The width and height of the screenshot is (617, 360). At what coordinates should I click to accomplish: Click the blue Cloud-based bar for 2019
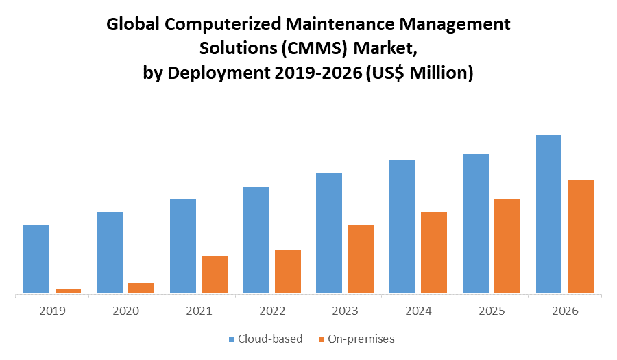(x=36, y=259)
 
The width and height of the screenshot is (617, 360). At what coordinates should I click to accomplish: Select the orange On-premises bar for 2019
(x=68, y=291)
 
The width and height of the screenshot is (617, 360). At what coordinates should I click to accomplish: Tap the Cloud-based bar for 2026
(x=548, y=215)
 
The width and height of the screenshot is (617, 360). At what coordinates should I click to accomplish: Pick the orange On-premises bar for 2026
(x=581, y=237)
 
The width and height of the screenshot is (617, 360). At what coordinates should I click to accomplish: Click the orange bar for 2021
(x=215, y=275)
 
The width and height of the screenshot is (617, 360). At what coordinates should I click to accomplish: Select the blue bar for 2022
(x=256, y=240)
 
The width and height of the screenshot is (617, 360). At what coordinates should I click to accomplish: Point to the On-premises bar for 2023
(x=361, y=259)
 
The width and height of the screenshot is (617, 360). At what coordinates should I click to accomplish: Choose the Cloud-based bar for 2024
(x=402, y=227)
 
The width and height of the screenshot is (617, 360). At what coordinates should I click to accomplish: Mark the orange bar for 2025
(x=507, y=246)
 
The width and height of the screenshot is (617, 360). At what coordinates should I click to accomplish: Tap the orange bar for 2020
(x=141, y=288)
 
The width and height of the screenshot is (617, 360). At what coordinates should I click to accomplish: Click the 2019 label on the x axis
(x=52, y=311)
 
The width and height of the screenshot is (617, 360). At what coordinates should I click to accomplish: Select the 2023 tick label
(x=345, y=311)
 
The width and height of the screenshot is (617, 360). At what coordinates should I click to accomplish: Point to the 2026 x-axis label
(x=564, y=311)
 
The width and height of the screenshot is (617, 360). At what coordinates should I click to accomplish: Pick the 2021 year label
(x=199, y=311)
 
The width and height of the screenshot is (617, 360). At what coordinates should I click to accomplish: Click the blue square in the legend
(x=232, y=339)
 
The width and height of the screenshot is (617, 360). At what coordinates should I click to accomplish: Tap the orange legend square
(x=321, y=339)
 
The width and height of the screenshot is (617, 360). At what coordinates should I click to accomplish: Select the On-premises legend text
(x=361, y=339)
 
